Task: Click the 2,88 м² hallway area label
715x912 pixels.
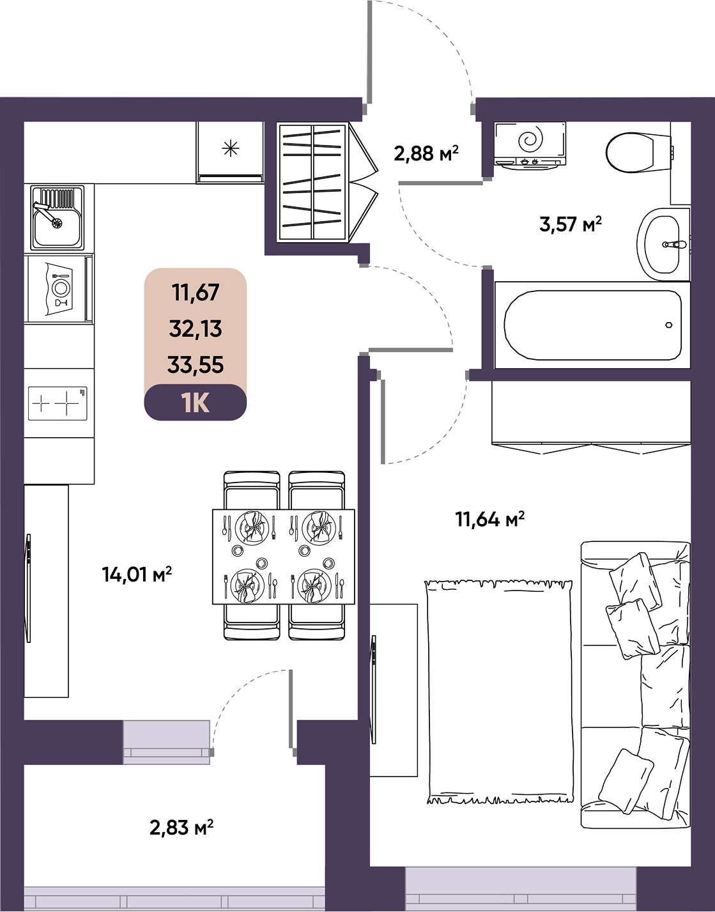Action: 426,153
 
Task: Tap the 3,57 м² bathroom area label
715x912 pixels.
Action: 571,224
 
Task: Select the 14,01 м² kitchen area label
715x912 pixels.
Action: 137,574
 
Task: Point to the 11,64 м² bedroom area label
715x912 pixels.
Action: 490,520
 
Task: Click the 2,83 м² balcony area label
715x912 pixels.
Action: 181,828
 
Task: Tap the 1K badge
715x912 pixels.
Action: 196,403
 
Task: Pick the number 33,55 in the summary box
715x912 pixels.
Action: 196,365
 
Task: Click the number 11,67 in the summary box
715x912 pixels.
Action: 196,293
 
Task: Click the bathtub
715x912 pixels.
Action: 592,325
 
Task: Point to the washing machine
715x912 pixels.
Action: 530,146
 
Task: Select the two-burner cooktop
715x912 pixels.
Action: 58,403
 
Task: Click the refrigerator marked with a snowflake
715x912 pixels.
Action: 230,152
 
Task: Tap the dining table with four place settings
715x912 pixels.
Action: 283,557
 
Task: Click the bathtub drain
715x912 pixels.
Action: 669,325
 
